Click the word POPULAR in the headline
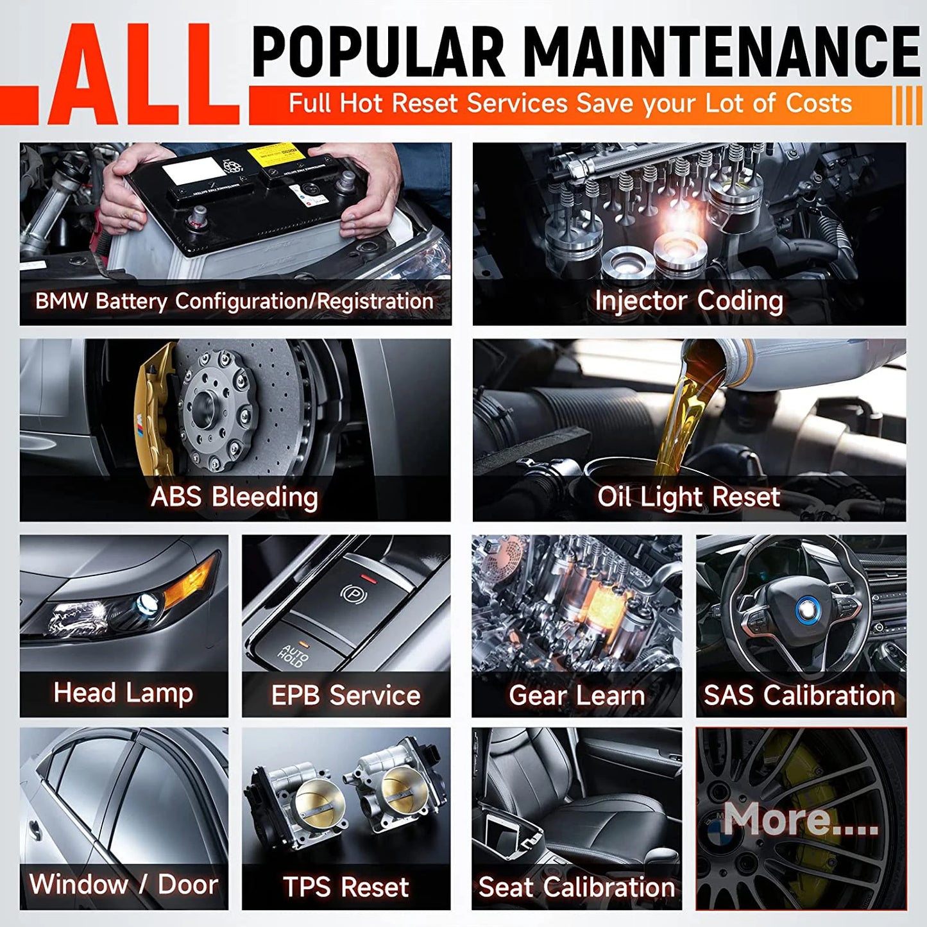click(x=379, y=53)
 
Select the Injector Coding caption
click(x=689, y=301)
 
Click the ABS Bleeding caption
click(x=234, y=497)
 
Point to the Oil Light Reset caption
click(x=688, y=497)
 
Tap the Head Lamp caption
click(x=123, y=693)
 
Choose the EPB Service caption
click(x=346, y=695)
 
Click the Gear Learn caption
click(x=577, y=695)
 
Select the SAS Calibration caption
click(x=800, y=695)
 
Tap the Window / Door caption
click(x=124, y=885)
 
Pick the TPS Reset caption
click(x=346, y=887)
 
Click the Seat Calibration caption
click(x=577, y=887)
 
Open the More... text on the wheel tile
click(x=801, y=819)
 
